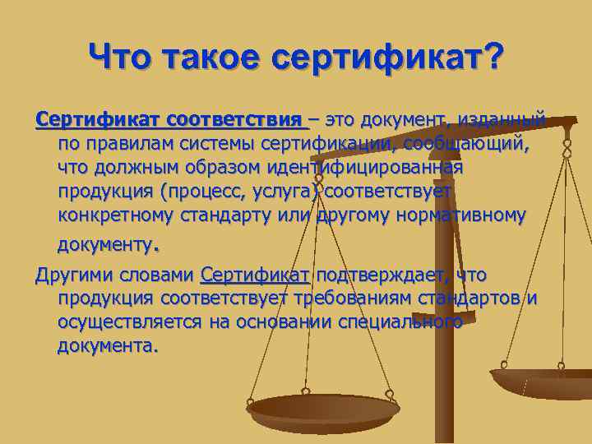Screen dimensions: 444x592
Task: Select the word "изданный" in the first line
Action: (506, 121)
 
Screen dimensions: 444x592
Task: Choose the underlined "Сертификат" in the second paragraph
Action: (254, 274)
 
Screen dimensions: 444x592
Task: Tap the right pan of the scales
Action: (543, 382)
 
